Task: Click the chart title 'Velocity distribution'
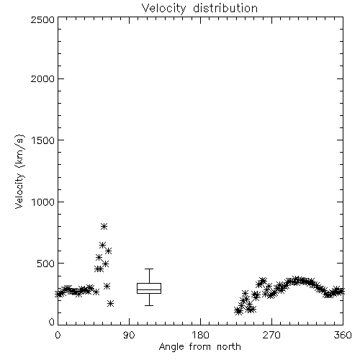click(x=199, y=9)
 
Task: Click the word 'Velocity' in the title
click(x=163, y=9)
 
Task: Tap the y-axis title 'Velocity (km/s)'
click(x=19, y=171)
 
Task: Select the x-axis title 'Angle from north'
click(x=199, y=347)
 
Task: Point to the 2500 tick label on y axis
click(x=42, y=19)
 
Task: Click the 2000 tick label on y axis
click(x=42, y=78)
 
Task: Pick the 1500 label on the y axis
click(x=42, y=140)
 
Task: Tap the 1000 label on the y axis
click(x=42, y=202)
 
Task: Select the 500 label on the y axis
click(x=45, y=264)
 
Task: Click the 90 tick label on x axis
click(x=129, y=335)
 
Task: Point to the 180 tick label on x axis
click(x=200, y=335)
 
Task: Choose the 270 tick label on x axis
click(x=271, y=335)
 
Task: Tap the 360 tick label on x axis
click(x=343, y=335)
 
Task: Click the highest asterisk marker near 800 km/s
click(x=104, y=226)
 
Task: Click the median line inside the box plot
click(x=149, y=289)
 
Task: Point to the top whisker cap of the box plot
click(x=149, y=269)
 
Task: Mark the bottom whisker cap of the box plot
click(x=149, y=305)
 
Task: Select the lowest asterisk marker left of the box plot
click(x=110, y=304)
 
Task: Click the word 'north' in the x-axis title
click(x=229, y=347)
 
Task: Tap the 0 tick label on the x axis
click(x=58, y=335)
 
